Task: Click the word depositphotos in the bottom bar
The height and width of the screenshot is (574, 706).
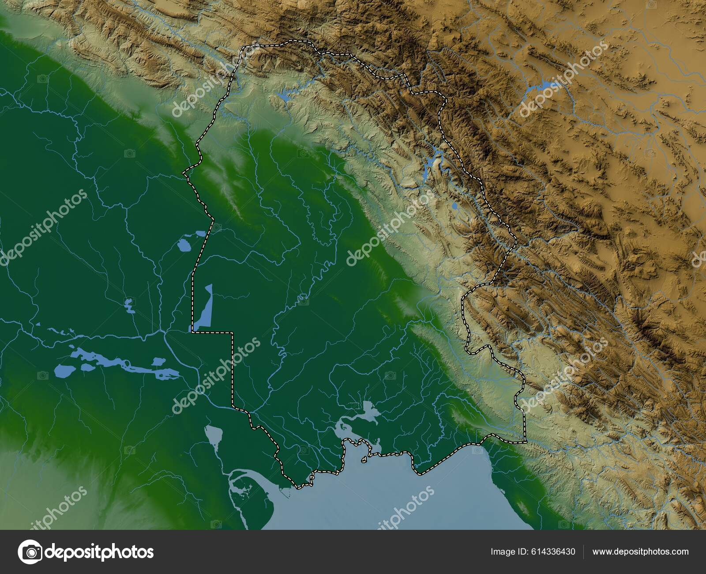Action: (x=100, y=552)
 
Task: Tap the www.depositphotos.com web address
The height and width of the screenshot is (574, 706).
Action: (x=640, y=552)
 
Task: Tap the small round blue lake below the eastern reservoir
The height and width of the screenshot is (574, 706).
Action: (x=454, y=206)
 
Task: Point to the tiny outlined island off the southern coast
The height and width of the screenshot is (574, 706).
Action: (x=364, y=460)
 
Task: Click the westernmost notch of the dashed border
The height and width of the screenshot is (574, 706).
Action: (x=184, y=173)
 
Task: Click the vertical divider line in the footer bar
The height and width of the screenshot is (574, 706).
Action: (x=584, y=552)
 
